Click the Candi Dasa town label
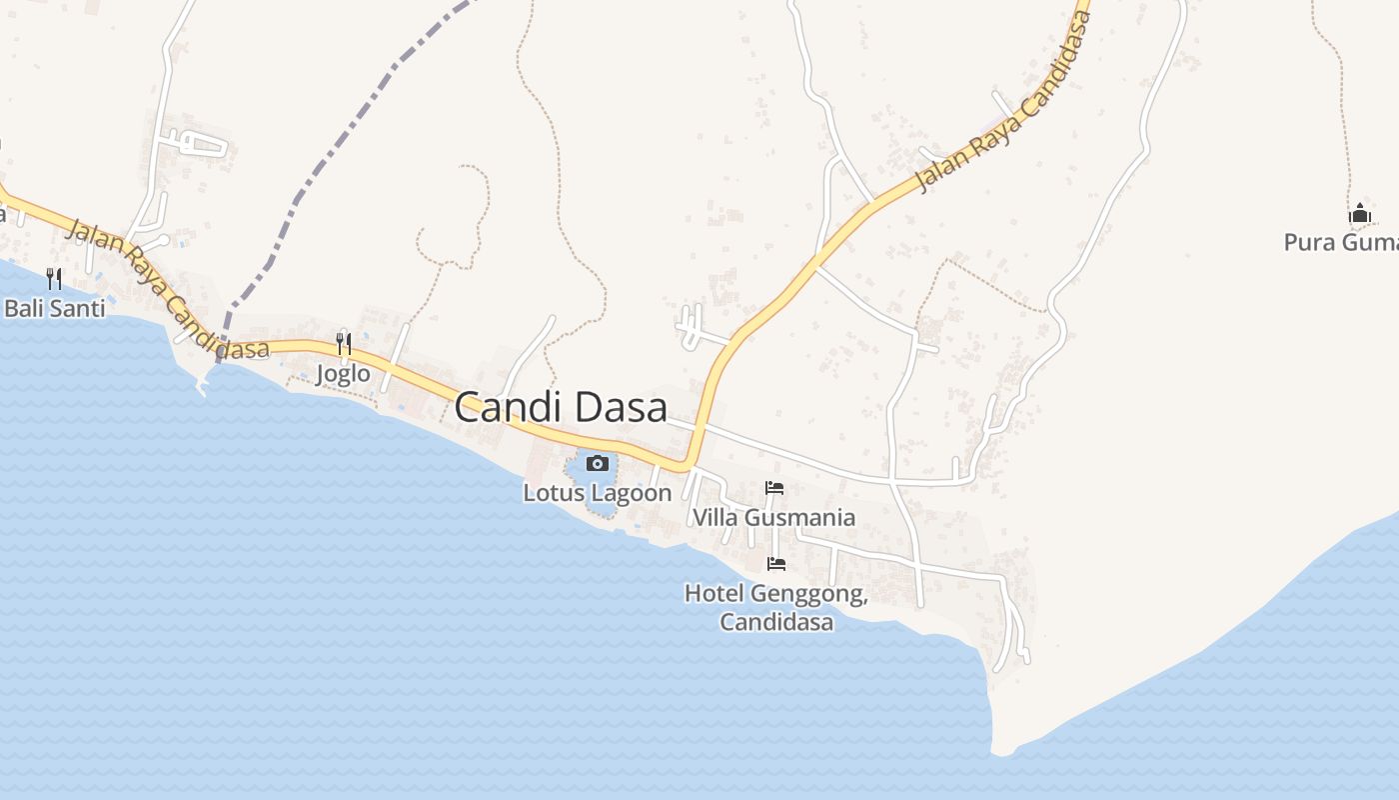click(561, 408)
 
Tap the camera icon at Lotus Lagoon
click(598, 463)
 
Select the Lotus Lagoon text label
click(598, 493)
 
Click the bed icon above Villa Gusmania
click(774, 489)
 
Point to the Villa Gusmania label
click(774, 517)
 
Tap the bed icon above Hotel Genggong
click(775, 564)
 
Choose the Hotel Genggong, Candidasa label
click(775, 607)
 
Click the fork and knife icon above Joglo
click(344, 344)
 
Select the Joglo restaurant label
click(343, 374)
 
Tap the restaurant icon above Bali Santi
click(54, 278)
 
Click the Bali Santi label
click(54, 308)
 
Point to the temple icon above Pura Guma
click(1359, 213)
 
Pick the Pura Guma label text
click(1340, 242)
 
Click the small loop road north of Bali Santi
click(200, 144)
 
